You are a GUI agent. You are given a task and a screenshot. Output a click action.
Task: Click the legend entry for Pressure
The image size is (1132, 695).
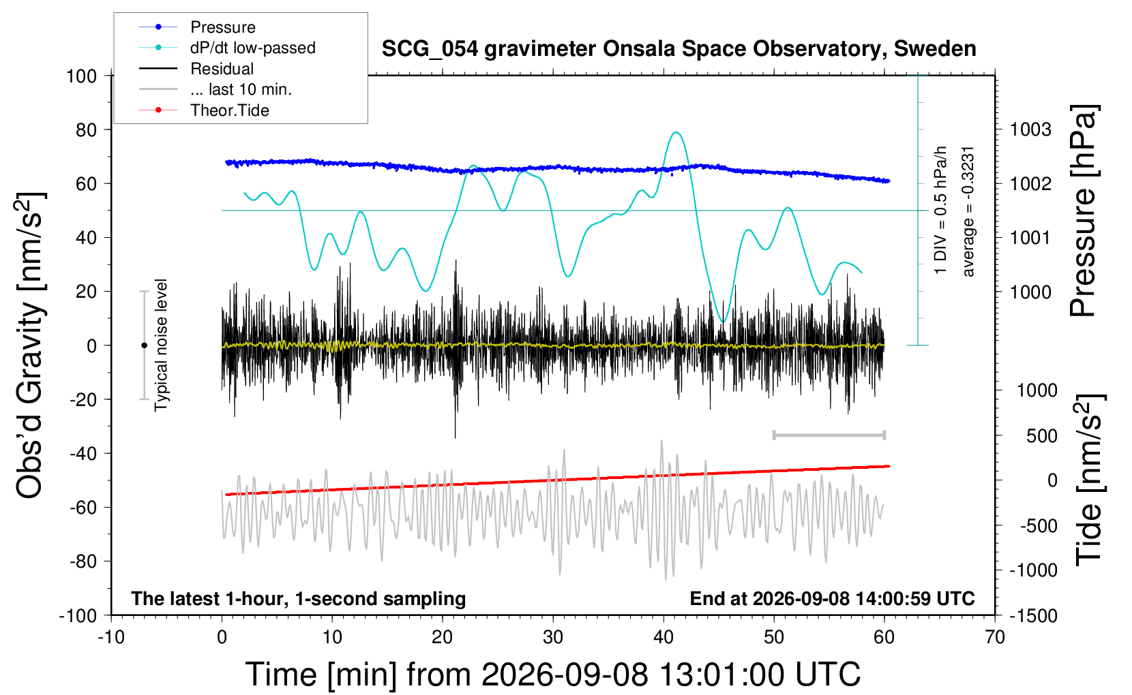tap(198, 27)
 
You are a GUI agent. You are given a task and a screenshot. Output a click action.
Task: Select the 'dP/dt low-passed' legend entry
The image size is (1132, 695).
tap(227, 48)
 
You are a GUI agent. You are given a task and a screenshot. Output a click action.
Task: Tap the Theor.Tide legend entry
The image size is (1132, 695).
tap(204, 110)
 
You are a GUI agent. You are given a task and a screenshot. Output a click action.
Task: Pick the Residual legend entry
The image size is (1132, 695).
tap(196, 69)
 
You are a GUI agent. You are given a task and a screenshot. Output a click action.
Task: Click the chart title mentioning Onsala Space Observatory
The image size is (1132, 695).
tap(679, 49)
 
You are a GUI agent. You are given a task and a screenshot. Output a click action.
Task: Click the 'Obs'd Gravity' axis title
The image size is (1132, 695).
tap(30, 345)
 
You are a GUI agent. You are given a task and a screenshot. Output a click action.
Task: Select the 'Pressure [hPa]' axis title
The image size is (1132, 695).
tap(1084, 211)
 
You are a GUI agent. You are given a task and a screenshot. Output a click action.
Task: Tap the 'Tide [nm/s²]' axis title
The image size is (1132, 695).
tap(1090, 480)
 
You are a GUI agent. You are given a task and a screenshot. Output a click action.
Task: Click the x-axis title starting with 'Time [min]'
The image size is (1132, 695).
tap(553, 674)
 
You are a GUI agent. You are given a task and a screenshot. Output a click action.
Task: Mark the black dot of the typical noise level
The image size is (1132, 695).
tap(144, 345)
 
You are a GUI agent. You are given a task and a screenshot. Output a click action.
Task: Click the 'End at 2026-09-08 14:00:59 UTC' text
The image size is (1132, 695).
tap(833, 598)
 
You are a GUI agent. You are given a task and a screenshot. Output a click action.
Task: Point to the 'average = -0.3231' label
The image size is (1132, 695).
tap(968, 212)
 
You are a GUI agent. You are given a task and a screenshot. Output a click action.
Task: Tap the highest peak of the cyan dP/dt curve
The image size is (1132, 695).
tap(676, 132)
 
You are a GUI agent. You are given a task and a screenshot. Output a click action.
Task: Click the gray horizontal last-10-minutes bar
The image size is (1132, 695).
tap(829, 435)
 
